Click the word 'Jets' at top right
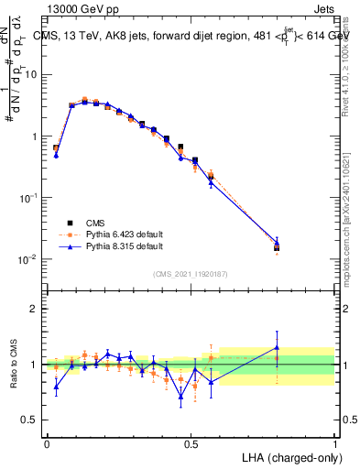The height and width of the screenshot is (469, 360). [x=322, y=8]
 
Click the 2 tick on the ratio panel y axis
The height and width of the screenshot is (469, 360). [x=33, y=309]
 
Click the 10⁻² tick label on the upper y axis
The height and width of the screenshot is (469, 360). [x=27, y=259]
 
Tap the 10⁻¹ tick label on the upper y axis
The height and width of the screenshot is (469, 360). [x=27, y=198]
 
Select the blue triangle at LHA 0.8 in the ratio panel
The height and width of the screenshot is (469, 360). [x=277, y=347]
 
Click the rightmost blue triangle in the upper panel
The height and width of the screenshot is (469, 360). [x=277, y=243]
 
